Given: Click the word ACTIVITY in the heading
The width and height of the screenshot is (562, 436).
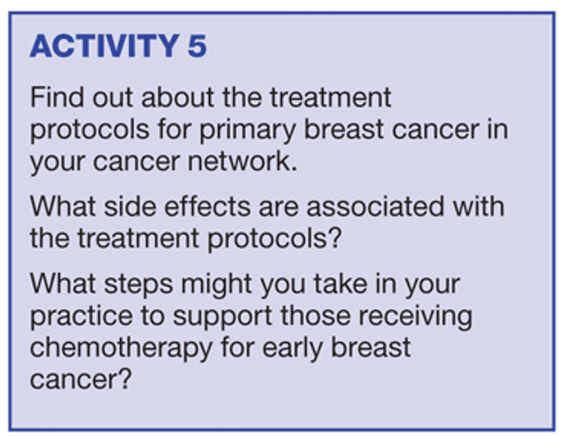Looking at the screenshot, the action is point(105,46).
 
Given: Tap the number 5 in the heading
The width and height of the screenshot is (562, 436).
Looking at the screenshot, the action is point(197,46).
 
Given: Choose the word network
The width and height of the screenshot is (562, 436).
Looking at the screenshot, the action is point(243,161).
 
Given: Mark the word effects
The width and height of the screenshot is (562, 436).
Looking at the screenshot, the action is point(208,206).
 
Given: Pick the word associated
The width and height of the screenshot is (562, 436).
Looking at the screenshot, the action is point(375,206).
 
